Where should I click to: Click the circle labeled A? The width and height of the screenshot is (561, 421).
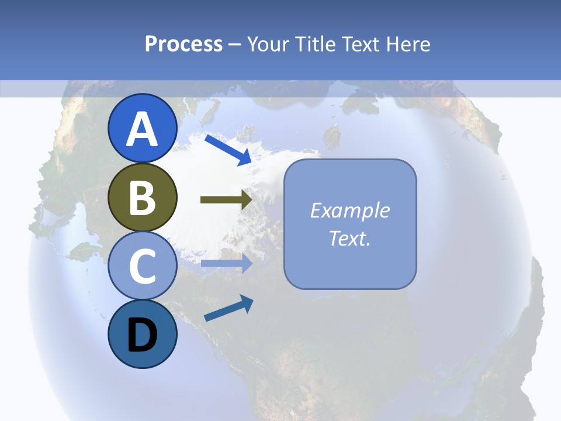(142, 128)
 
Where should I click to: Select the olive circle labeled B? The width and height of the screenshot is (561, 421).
(142, 197)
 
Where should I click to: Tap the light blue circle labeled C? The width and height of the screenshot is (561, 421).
(142, 266)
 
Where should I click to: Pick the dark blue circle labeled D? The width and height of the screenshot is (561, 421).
(142, 334)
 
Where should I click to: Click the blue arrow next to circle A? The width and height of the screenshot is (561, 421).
(228, 150)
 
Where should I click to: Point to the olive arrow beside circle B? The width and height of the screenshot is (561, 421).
(226, 200)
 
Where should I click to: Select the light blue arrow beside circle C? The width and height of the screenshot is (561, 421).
(227, 264)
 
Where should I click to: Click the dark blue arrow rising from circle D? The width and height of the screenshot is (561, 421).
(228, 308)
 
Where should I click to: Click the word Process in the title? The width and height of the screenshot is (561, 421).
(183, 44)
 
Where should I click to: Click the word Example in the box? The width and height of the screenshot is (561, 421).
(350, 210)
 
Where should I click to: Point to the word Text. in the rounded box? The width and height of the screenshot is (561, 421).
(350, 238)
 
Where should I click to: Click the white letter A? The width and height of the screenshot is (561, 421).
(142, 129)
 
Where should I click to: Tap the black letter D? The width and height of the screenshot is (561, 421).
(142, 335)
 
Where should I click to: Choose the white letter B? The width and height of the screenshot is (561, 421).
(142, 198)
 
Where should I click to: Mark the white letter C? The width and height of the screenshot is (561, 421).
(142, 267)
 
